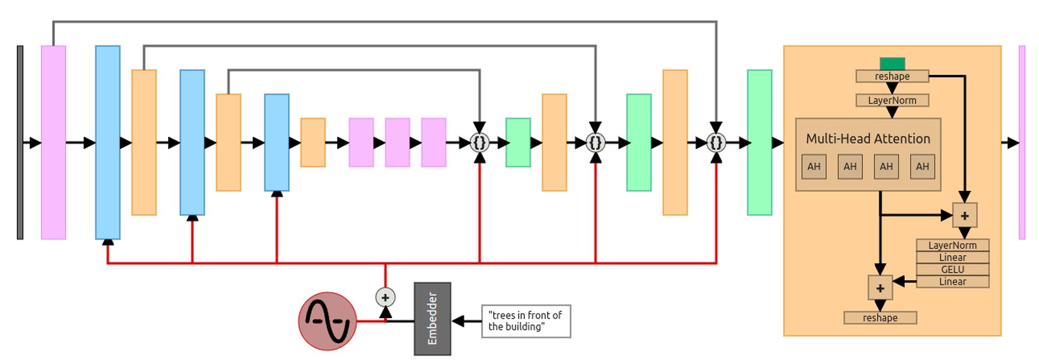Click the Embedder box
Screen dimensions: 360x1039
click(x=432, y=319)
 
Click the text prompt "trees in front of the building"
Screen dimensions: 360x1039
click(x=525, y=321)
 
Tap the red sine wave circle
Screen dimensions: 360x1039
click(x=328, y=321)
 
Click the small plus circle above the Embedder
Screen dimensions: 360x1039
click(x=385, y=297)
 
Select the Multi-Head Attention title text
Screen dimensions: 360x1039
click(x=867, y=139)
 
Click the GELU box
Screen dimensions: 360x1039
click(x=952, y=269)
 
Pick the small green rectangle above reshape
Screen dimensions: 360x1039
click(x=892, y=64)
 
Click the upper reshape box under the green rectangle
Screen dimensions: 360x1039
click(x=892, y=76)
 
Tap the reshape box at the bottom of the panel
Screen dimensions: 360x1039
click(x=880, y=317)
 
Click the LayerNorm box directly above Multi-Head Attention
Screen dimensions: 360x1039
click(x=892, y=100)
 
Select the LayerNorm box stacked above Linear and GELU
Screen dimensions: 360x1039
click(x=952, y=245)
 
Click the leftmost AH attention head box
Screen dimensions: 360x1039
click(x=813, y=166)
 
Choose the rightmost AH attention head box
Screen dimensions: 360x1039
click(x=922, y=166)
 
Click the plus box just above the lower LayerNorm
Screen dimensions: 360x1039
click(x=965, y=215)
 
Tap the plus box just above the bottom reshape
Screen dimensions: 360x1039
click(x=880, y=288)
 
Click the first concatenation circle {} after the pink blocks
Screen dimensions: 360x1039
click(x=479, y=143)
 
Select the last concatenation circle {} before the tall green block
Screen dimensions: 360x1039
click(x=716, y=143)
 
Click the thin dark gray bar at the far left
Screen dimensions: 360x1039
click(x=20, y=142)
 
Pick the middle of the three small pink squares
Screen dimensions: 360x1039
click(x=397, y=142)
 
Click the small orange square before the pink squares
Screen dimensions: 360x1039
click(x=313, y=142)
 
